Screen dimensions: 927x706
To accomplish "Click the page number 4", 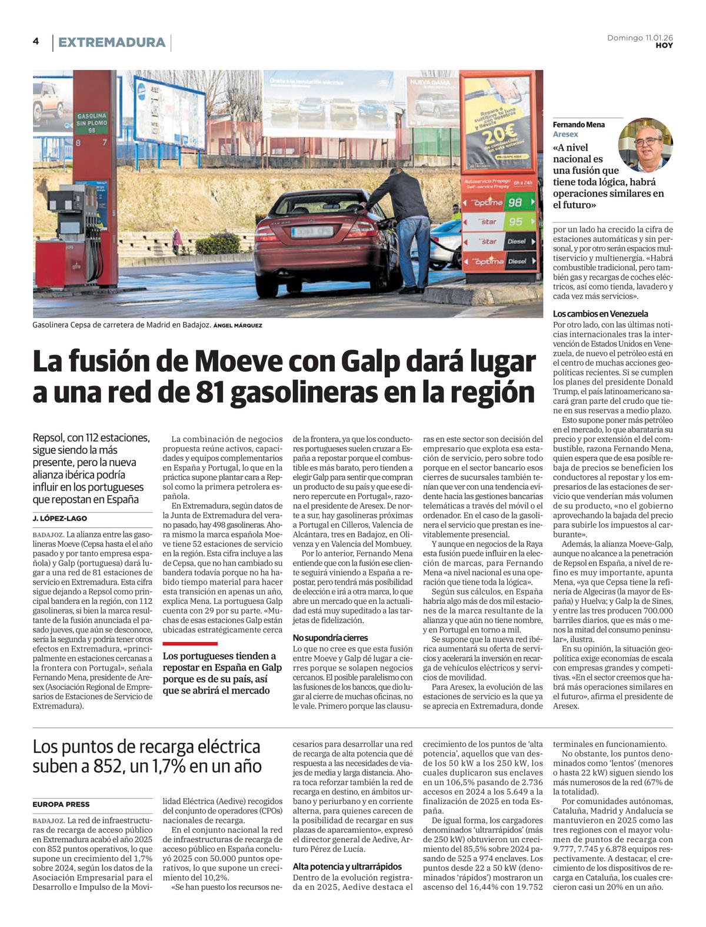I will click(x=36, y=41).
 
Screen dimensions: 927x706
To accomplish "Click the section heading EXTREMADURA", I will click(x=111, y=42).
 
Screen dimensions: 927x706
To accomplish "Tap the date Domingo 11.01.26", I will click(x=640, y=38).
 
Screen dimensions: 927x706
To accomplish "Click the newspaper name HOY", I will click(x=664, y=45).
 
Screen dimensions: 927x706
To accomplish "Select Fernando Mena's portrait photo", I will click(x=645, y=145).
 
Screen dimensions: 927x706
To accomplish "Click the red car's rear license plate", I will click(x=312, y=232).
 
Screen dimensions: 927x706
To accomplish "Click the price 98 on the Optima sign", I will click(x=515, y=202).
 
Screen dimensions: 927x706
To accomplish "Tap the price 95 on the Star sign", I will click(x=515, y=222).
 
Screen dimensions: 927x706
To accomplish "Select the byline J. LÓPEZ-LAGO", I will click(x=60, y=519).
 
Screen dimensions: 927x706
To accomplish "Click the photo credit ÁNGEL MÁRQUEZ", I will click(x=238, y=325).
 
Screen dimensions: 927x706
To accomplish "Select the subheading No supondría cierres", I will click(x=330, y=637).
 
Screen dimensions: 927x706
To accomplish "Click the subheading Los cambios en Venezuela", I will click(x=600, y=314).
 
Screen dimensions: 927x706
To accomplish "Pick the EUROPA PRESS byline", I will click(x=61, y=805).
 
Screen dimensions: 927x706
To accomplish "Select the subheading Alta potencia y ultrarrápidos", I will click(x=347, y=866).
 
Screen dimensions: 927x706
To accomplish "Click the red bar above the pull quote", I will click(x=190, y=643).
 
